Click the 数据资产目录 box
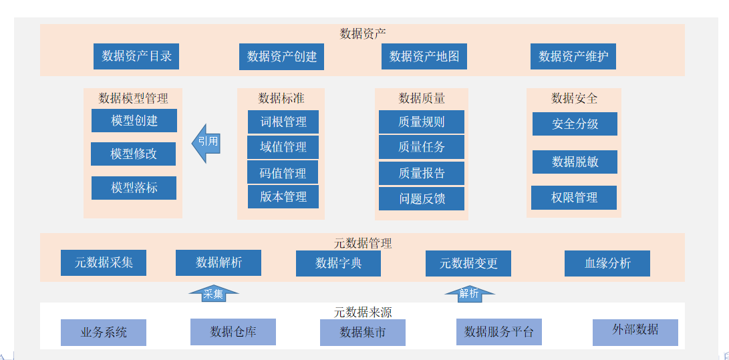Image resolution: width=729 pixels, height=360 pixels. tap(136, 56)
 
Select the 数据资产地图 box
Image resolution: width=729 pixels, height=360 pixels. tap(424, 56)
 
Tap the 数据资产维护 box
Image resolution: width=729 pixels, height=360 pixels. tap(573, 56)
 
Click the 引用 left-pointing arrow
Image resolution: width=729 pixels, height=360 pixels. tap(206, 142)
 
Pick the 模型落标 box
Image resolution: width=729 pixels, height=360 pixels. tap(134, 188)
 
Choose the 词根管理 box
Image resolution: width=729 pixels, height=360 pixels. tap(283, 122)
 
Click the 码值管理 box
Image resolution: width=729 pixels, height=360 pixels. tap(283, 173)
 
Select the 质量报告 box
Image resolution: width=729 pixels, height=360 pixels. tap(421, 173)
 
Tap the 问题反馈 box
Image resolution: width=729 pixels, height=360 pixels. tap(421, 198)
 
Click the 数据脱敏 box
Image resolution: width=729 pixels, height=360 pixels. tap(575, 162)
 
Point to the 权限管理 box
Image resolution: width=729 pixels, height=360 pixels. tap(574, 198)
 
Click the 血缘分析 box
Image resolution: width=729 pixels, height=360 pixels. tap(607, 263)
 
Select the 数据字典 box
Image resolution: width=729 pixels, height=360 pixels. tap(338, 263)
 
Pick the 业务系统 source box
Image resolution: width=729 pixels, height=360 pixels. tap(104, 332)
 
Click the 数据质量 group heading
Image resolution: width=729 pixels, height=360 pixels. tap(422, 98)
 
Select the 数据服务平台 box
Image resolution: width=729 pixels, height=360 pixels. tap(498, 332)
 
